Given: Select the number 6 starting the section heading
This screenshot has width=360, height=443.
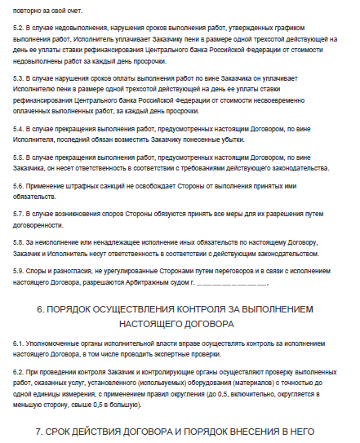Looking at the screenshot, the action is point(40,310).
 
